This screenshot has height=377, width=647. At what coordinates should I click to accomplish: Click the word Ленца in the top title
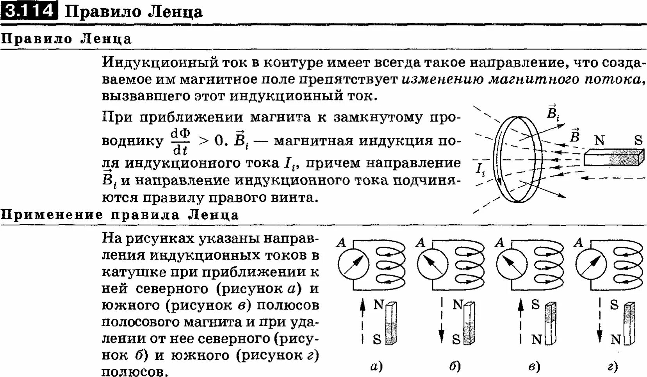click(176, 11)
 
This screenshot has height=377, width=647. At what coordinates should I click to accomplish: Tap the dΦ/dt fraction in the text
click(180, 141)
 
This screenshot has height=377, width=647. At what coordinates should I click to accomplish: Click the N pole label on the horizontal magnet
click(599, 140)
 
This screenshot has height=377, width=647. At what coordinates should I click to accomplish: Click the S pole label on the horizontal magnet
click(638, 140)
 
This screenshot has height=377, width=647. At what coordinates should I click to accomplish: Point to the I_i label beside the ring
click(480, 169)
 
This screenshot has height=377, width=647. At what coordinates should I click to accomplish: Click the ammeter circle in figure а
click(353, 264)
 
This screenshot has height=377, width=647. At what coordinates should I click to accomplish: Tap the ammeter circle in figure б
click(433, 264)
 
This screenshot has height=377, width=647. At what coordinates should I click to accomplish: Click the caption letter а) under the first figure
click(376, 366)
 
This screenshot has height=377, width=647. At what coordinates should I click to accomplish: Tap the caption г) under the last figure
click(612, 366)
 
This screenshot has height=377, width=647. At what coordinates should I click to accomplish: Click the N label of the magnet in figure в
click(536, 340)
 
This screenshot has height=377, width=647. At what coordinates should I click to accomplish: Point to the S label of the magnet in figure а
click(377, 339)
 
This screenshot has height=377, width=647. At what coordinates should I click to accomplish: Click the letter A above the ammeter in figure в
click(499, 243)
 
